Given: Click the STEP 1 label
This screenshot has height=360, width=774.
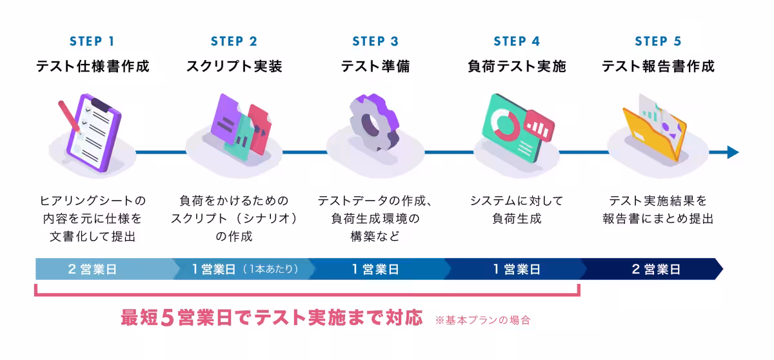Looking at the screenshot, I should click(92, 42).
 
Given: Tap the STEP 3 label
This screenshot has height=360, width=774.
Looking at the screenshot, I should click(375, 42).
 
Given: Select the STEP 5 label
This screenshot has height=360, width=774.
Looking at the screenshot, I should click(658, 42).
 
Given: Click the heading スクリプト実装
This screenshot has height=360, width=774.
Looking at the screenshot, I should click(234, 66).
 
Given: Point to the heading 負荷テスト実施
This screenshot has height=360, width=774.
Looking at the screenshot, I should click(517, 66).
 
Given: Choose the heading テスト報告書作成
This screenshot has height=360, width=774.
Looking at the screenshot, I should click(658, 66).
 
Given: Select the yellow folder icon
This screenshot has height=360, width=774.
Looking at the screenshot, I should click(653, 132).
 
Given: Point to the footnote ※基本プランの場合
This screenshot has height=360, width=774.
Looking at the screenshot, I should click(482, 319).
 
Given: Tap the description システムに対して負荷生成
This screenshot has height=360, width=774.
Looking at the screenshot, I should click(517, 210).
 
